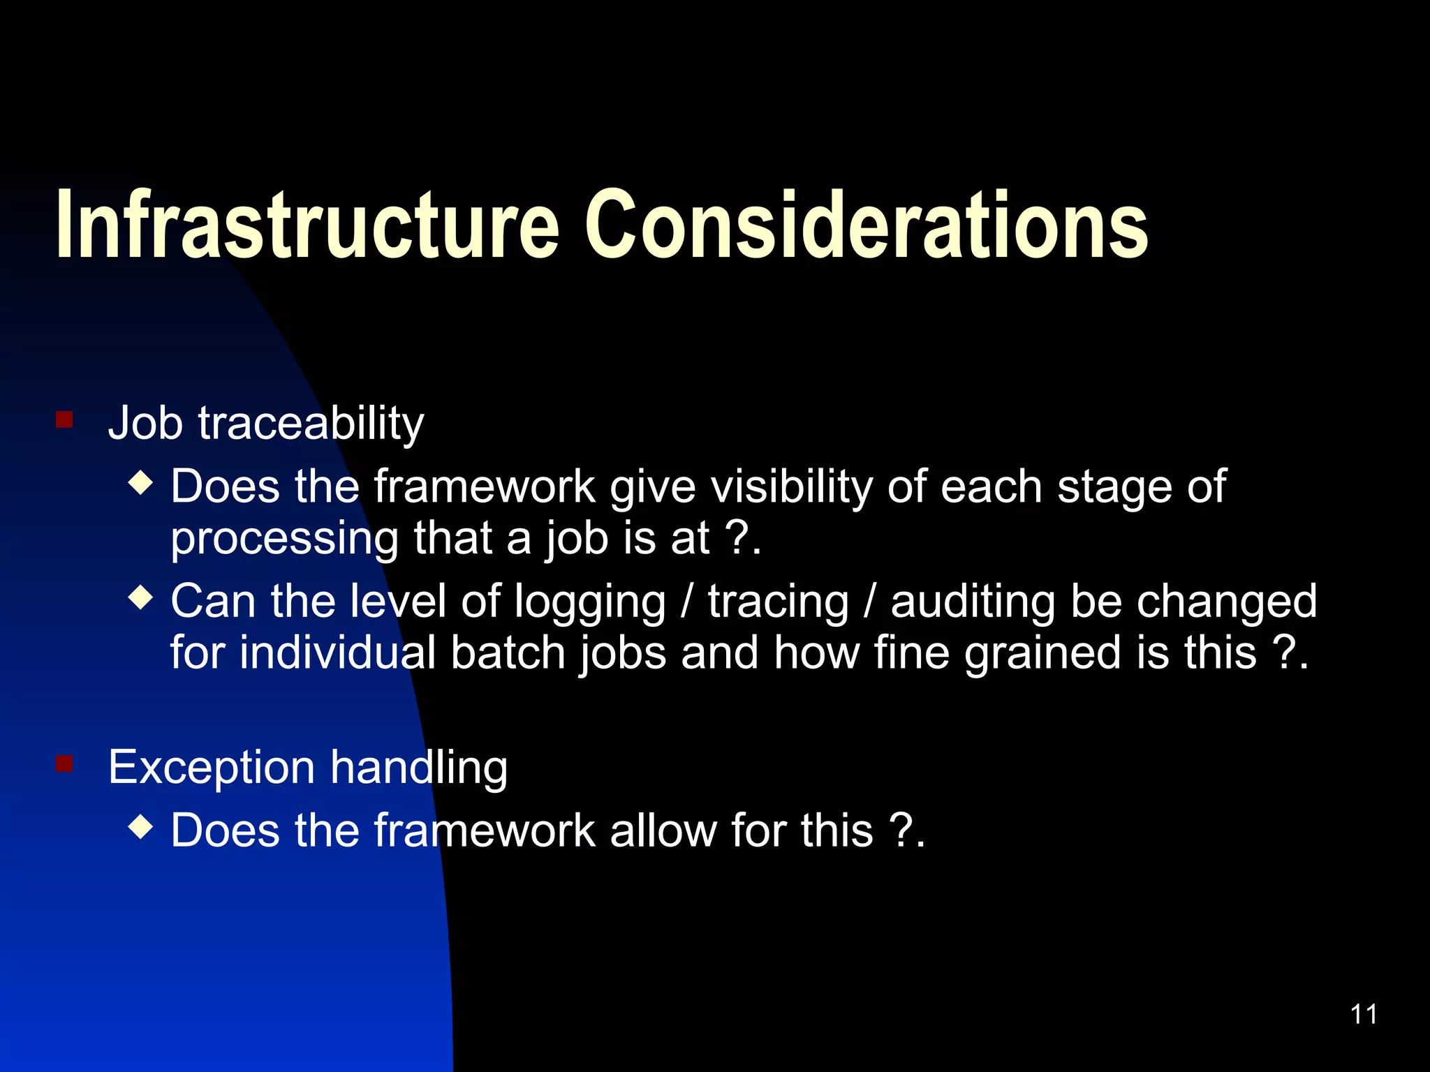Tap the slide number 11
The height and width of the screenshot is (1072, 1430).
[1363, 1014]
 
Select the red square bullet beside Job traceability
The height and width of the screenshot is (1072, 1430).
[64, 419]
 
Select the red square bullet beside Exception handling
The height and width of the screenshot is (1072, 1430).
[64, 764]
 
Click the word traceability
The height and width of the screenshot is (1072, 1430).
[311, 423]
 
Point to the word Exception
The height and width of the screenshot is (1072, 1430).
[211, 767]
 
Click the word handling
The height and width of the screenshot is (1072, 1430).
[419, 768]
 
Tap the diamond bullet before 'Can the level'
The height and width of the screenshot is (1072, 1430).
[141, 597]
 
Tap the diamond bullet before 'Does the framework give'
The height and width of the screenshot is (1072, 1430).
[141, 482]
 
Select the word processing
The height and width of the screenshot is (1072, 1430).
[284, 539]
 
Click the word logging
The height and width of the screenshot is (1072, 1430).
[589, 602]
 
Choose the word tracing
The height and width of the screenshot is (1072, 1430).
[778, 602]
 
